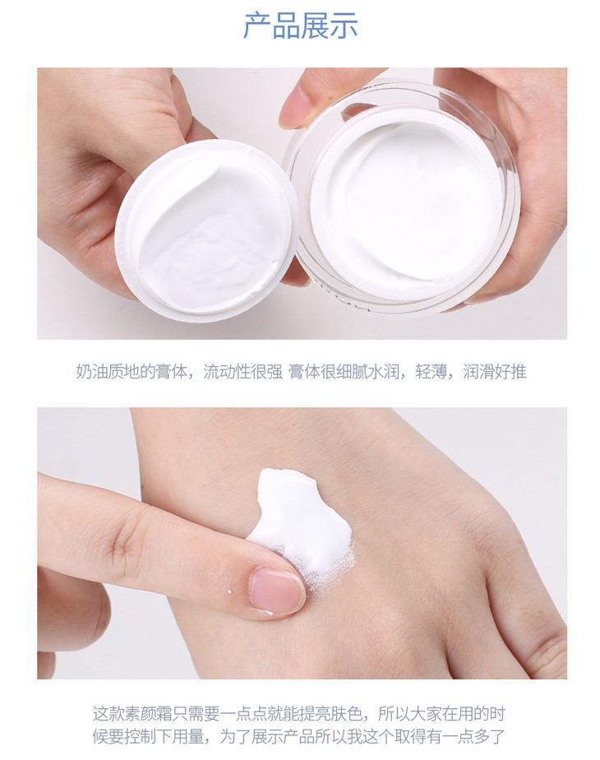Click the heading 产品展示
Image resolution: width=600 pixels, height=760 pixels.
[x=300, y=25]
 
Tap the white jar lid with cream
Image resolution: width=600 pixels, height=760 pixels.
[x=207, y=230]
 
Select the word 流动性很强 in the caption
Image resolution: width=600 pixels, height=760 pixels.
[x=242, y=372]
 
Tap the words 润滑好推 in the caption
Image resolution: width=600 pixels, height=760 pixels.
[x=495, y=372]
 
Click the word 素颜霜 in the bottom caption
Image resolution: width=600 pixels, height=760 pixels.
[x=148, y=713]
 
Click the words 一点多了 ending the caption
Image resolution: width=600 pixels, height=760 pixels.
[x=473, y=737]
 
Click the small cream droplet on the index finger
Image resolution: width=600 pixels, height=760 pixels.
[x=229, y=592]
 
